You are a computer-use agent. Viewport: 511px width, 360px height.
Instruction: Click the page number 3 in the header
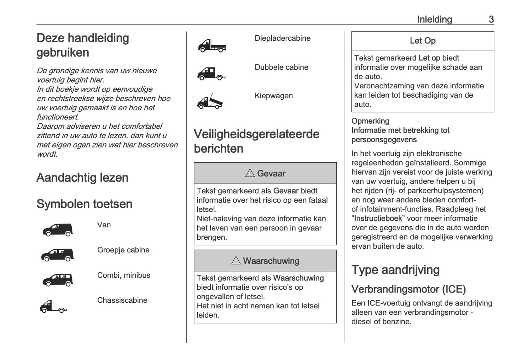tap(491, 19)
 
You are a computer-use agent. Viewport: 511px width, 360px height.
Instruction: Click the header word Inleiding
tap(434, 19)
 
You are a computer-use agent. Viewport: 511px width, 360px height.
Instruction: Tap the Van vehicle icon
tap(58, 230)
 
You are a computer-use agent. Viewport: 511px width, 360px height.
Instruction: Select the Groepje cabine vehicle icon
tap(58, 255)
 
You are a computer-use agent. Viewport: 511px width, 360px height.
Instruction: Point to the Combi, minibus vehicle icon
tap(58, 280)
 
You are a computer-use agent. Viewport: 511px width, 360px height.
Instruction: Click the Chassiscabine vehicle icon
tap(53, 306)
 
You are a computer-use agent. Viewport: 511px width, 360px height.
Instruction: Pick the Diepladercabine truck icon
tap(211, 46)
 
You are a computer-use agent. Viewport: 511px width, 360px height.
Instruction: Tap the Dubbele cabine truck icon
tap(211, 74)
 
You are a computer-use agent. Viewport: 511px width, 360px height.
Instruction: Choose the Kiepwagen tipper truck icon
tap(210, 101)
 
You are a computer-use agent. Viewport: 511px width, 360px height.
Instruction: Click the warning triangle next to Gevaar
tap(250, 173)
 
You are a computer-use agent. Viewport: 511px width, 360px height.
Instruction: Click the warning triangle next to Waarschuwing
tap(236, 261)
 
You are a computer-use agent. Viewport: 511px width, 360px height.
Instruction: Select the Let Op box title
tap(423, 41)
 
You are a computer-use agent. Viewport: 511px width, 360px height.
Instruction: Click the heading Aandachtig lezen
tap(82, 178)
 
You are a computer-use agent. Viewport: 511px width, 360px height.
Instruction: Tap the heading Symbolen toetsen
tap(85, 204)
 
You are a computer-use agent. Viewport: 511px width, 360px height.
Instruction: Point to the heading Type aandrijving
tap(395, 270)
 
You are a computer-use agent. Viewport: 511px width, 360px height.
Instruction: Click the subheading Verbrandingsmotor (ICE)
tap(408, 289)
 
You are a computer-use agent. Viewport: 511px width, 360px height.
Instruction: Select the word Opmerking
tap(370, 121)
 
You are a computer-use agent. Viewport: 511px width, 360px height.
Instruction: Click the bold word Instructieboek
tap(378, 219)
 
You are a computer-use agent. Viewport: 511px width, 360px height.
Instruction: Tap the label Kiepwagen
tap(274, 96)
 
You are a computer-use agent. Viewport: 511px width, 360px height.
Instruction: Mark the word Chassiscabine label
tap(122, 300)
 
